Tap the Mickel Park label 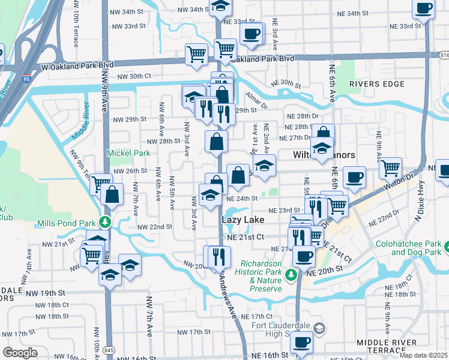(128, 153)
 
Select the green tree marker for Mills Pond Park (106, 223)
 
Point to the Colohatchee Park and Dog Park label (410, 249)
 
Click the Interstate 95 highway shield (25, 79)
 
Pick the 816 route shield (444, 55)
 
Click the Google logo (20, 353)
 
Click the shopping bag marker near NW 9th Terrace (112, 194)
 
